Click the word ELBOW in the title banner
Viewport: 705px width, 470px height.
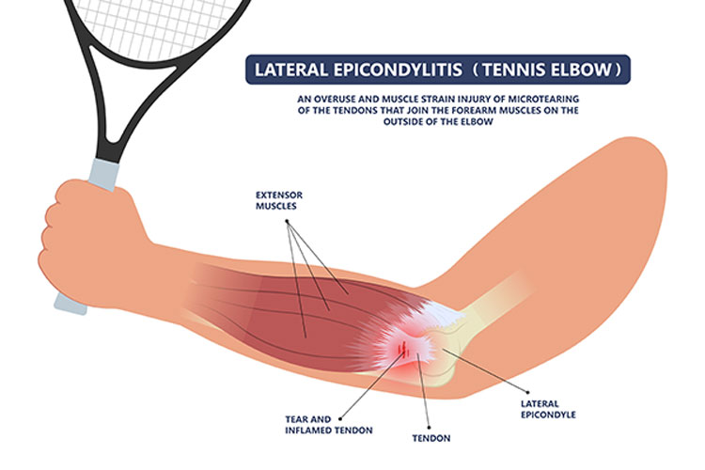[x=583, y=70]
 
